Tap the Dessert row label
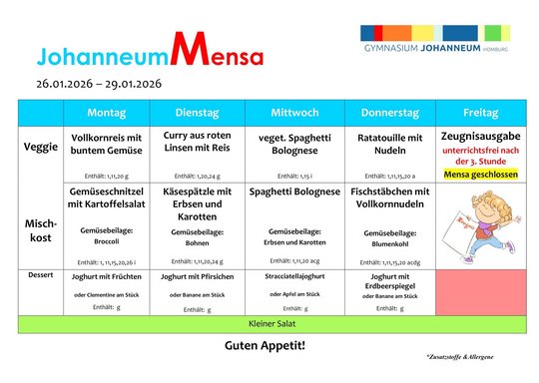pos(39,273)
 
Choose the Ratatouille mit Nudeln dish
pos(390,144)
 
